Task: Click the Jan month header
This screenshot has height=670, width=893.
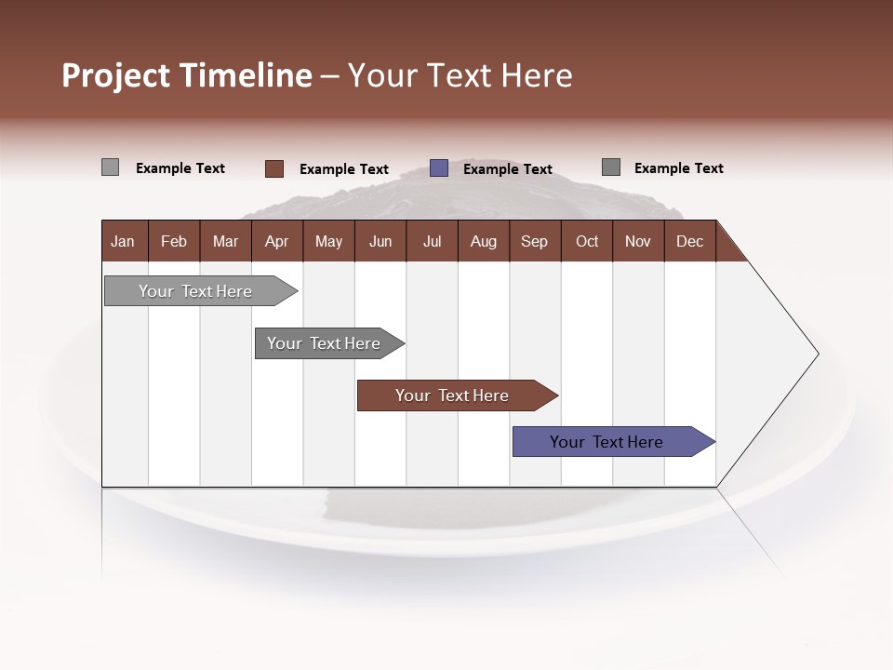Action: coord(124,241)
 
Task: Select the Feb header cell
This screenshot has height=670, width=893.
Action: coord(174,241)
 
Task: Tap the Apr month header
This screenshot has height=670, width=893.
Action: coord(276,241)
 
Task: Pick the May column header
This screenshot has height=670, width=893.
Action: coord(328,241)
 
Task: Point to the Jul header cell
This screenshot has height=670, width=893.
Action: coord(432,241)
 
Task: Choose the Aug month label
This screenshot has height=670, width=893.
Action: coord(483,241)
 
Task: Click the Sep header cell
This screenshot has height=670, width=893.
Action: coord(534,241)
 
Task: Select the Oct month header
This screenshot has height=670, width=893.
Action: coord(587,241)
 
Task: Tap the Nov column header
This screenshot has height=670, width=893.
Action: coord(638,241)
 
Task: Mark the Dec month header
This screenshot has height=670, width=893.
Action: coord(689,241)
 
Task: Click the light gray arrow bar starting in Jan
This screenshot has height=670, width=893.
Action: coord(196,291)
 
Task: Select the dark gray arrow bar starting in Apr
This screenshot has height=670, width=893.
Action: coord(325,343)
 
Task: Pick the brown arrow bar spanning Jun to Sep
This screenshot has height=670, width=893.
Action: coord(453,395)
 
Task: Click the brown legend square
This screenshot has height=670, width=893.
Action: coord(273,168)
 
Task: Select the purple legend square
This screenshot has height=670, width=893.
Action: coord(439,168)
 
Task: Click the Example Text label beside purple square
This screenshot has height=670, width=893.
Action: coord(508,169)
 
